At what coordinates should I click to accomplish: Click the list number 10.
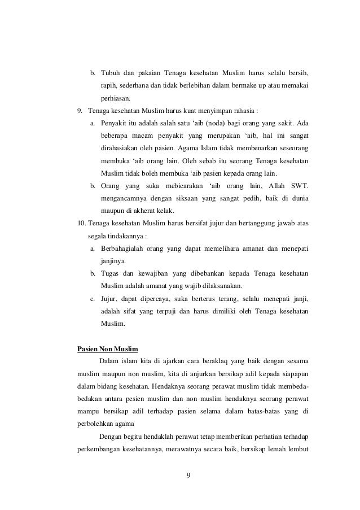point(82,223)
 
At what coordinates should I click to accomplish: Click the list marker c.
point(93,298)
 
